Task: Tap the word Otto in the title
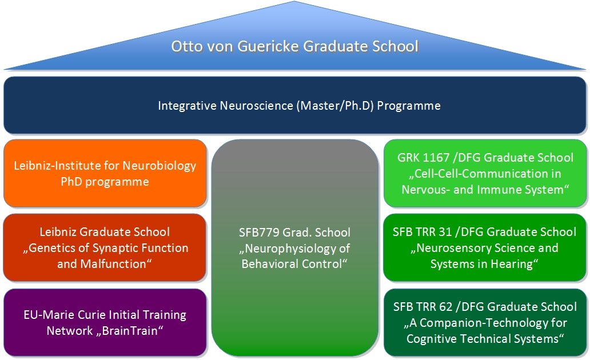click(x=187, y=46)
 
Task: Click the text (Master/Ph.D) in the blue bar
click(x=332, y=106)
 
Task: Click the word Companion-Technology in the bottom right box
click(x=474, y=323)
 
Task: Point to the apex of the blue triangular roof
click(x=294, y=3)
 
